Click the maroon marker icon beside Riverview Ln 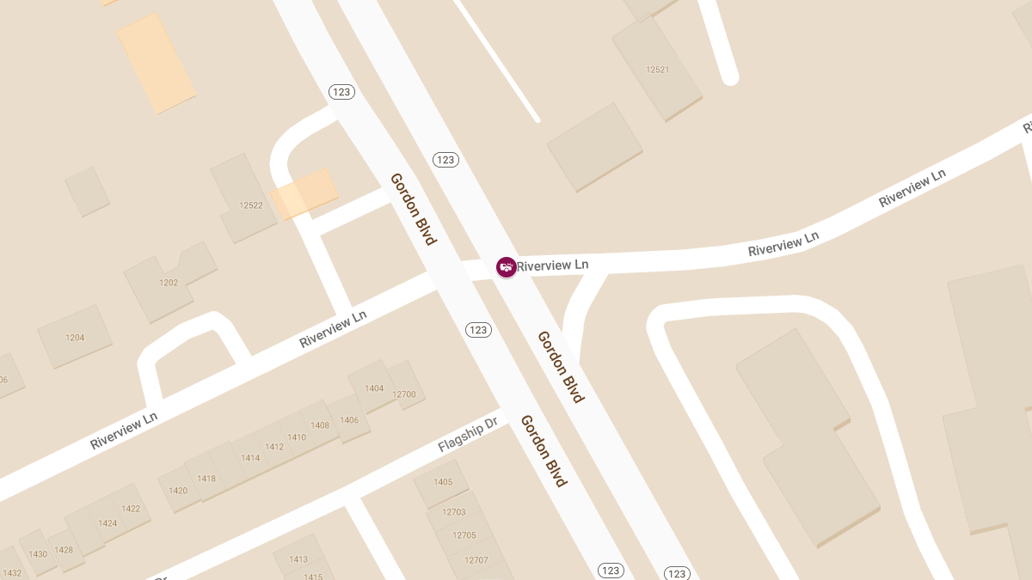click(x=507, y=267)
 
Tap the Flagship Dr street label click(x=468, y=435)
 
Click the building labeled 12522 click(x=251, y=205)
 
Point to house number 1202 click(x=169, y=283)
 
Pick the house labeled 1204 click(x=75, y=338)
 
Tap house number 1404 click(x=374, y=388)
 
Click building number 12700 click(x=403, y=394)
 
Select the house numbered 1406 click(x=349, y=420)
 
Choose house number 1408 click(x=320, y=425)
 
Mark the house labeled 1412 click(x=274, y=447)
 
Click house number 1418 click(x=206, y=479)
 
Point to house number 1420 click(x=178, y=491)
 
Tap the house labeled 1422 click(x=131, y=509)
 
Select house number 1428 click(x=64, y=550)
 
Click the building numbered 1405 click(x=443, y=482)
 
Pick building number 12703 click(x=453, y=512)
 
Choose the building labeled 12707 click(x=476, y=560)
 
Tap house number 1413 click(x=298, y=559)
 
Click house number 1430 click(x=38, y=554)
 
